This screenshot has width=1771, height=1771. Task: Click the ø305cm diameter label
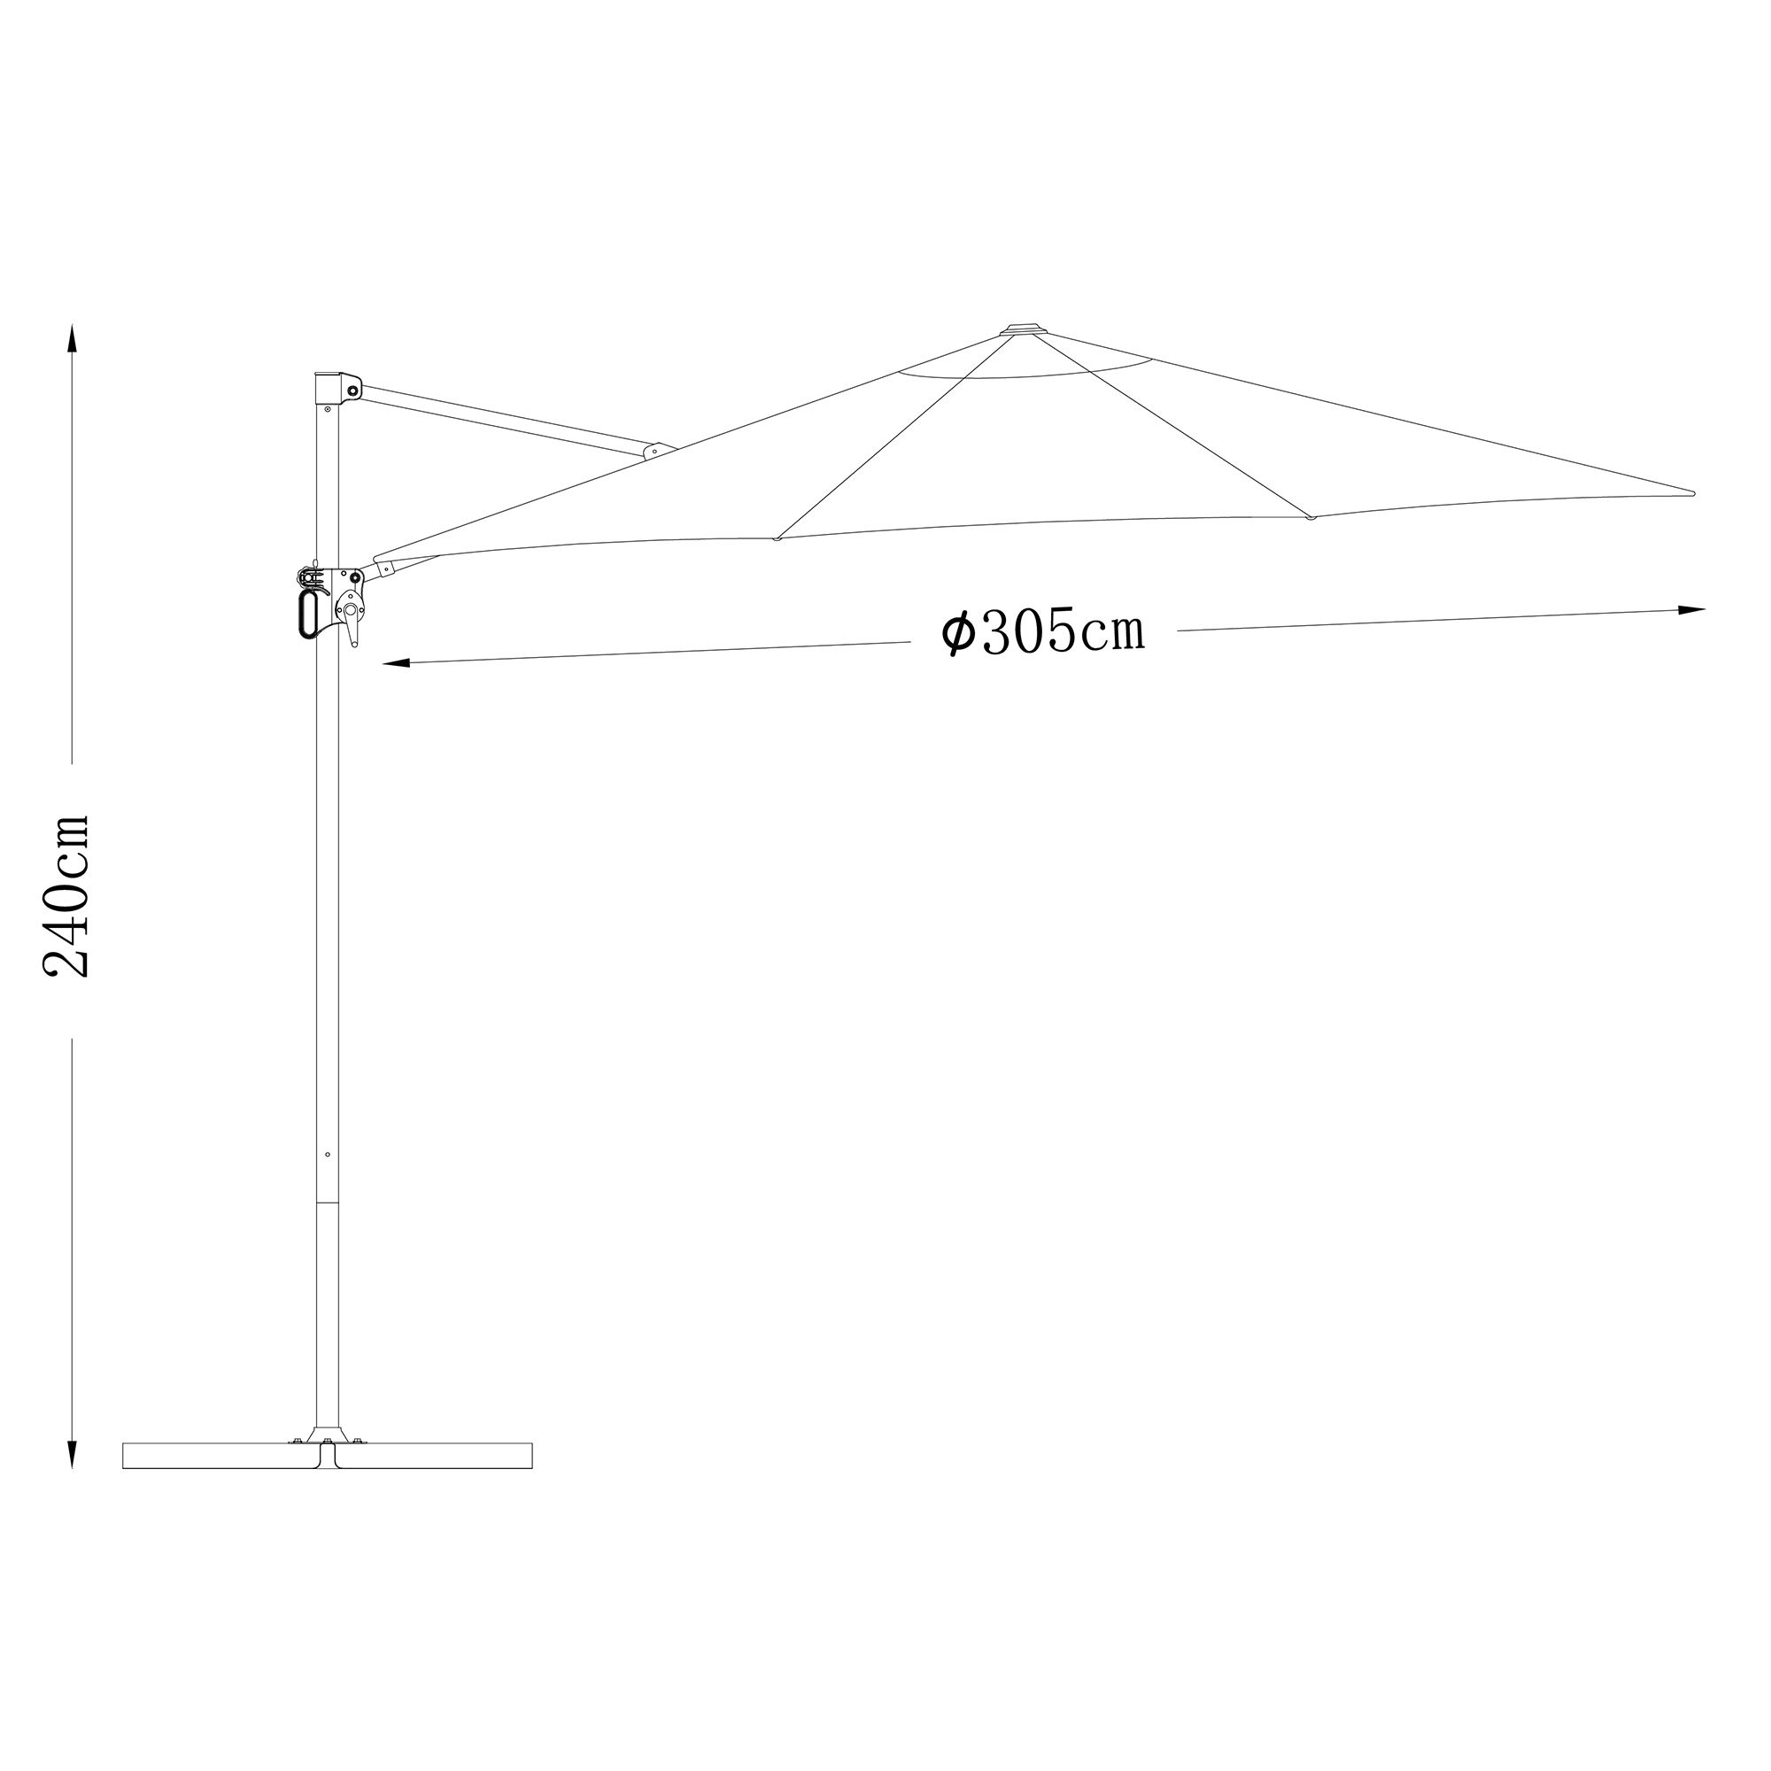(x=1044, y=631)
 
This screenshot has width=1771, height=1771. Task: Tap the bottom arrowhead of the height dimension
(x=73, y=1454)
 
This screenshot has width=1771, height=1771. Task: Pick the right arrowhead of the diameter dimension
(x=1691, y=609)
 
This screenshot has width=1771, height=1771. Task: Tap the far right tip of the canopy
(x=1692, y=493)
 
